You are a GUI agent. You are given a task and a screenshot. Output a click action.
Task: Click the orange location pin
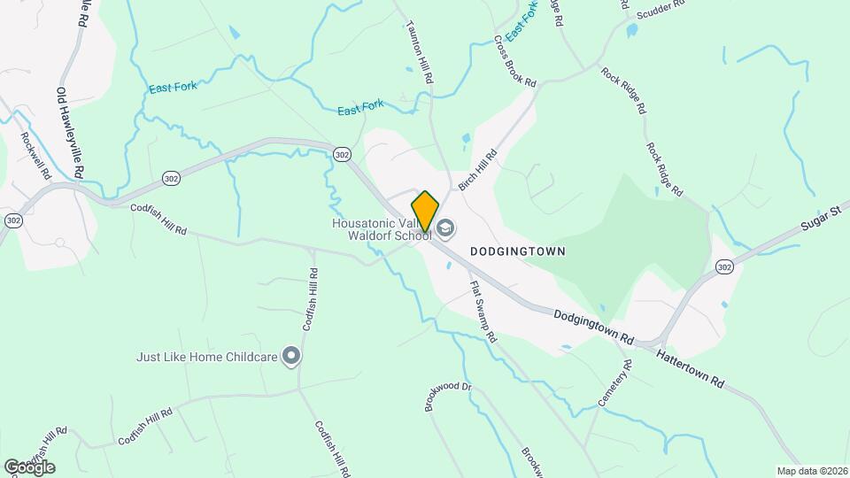tap(426, 212)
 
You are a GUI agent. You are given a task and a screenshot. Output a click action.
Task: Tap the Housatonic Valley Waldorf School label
tap(381, 229)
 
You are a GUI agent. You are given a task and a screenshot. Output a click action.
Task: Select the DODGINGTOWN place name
tap(517, 251)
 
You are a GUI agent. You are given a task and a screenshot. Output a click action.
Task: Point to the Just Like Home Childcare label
tap(207, 358)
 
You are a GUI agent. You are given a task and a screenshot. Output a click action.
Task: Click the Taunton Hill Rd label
tap(419, 52)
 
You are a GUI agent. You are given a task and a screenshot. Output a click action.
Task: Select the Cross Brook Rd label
tap(515, 61)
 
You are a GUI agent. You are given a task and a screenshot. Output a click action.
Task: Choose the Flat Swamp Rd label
tap(483, 312)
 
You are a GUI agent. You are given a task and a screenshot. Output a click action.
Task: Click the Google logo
tap(29, 466)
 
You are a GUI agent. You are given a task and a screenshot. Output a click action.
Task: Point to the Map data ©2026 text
tap(811, 471)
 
